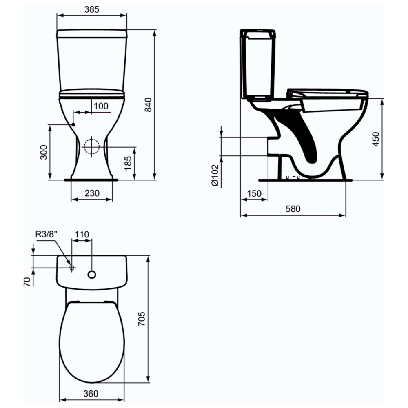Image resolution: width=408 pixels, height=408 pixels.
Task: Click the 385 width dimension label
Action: (x=92, y=9)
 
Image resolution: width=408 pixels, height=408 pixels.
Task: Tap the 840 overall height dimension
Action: (x=148, y=104)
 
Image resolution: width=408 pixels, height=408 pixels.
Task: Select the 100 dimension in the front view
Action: (x=101, y=106)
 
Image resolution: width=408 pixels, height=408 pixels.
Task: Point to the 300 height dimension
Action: (x=44, y=152)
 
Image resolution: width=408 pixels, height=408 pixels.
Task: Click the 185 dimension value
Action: (x=128, y=163)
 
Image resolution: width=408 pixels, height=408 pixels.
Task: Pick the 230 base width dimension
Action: (x=92, y=193)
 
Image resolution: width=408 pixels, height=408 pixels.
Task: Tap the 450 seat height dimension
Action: (x=376, y=139)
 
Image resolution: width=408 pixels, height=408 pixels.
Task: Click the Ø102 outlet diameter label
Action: (x=215, y=175)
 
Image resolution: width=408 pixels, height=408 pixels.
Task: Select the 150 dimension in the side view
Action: (x=254, y=193)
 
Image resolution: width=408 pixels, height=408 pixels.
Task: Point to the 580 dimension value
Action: (x=293, y=208)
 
